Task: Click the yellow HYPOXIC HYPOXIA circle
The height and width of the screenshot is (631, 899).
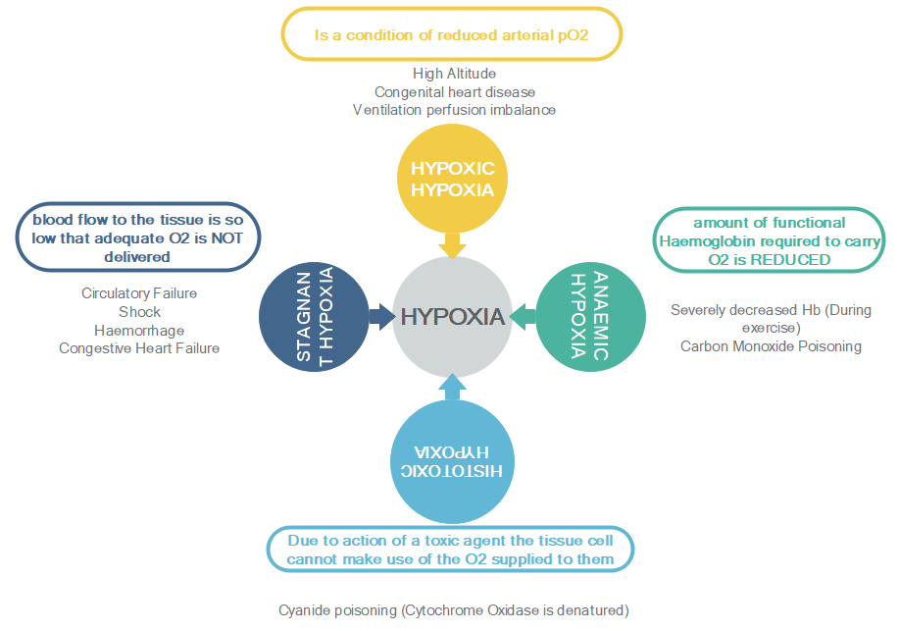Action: (452, 179)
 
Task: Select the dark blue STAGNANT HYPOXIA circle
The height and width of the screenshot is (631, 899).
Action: (316, 316)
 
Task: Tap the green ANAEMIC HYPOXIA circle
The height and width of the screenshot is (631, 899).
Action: (591, 316)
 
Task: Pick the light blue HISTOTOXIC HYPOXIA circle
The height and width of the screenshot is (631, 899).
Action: (453, 457)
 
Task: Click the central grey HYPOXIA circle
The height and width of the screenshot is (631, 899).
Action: (452, 316)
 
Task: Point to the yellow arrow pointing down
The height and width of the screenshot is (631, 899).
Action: (452, 245)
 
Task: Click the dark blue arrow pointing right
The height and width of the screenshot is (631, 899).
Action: (380, 316)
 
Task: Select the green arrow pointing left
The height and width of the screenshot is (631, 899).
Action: (524, 316)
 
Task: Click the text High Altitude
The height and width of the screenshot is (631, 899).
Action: (454, 74)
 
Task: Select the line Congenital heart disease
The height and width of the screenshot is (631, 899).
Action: (454, 91)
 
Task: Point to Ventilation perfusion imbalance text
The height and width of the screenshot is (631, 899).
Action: (454, 110)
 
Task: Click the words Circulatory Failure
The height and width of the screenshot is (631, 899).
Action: (139, 293)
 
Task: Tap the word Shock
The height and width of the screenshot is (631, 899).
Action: (139, 312)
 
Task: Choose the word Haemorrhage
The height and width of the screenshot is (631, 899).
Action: (139, 330)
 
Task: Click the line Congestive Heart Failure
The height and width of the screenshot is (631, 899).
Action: (139, 348)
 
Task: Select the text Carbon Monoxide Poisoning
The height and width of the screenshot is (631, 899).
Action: (771, 346)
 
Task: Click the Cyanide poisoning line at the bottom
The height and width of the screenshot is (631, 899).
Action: (453, 609)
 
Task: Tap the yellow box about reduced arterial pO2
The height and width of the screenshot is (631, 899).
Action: (452, 34)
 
